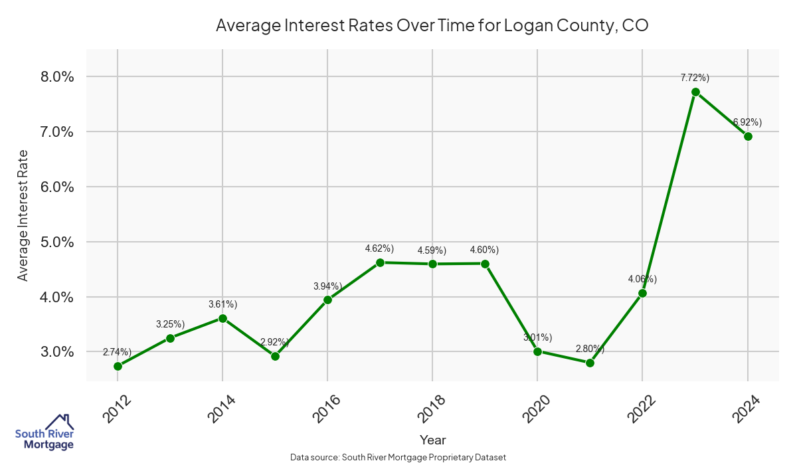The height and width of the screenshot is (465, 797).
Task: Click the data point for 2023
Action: (x=695, y=92)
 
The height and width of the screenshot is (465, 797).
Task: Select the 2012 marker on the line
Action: (x=118, y=366)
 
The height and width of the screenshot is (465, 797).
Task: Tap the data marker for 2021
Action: (x=590, y=363)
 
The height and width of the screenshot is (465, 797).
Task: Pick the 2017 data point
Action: (x=380, y=262)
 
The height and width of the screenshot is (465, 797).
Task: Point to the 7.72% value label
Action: (x=695, y=78)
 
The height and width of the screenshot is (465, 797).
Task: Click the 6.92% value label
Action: (x=747, y=122)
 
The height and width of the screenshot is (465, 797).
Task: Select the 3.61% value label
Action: (x=222, y=304)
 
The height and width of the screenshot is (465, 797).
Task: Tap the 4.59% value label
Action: (x=432, y=250)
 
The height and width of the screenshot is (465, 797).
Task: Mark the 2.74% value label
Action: (x=117, y=352)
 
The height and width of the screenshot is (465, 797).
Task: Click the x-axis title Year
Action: (x=432, y=440)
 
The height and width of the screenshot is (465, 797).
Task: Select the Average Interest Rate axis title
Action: (x=23, y=215)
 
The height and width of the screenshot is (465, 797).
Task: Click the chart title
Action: (x=432, y=26)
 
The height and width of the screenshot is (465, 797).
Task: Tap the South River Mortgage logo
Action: (x=44, y=432)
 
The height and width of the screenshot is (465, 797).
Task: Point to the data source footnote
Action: (x=398, y=457)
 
